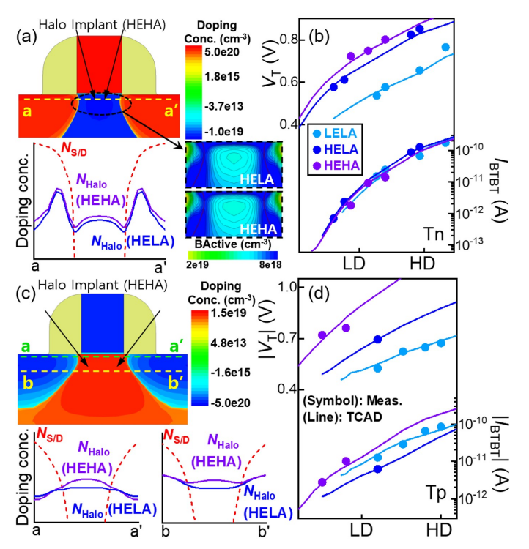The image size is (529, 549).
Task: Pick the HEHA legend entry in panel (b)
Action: tap(339, 165)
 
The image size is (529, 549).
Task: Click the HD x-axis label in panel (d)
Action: tap(437, 529)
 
